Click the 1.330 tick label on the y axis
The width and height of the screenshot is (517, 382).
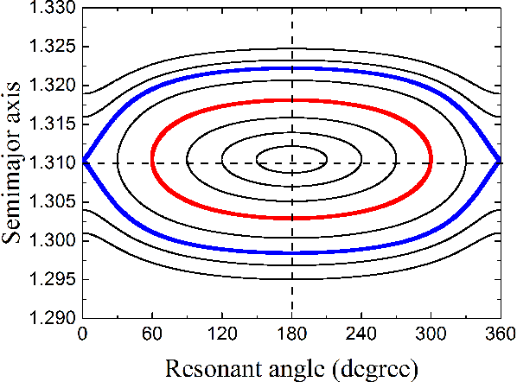coord(54,9)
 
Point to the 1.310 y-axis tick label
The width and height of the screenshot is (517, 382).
coord(54,162)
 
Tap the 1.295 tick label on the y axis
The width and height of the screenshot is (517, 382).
coord(54,279)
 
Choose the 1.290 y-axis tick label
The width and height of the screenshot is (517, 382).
coord(54,318)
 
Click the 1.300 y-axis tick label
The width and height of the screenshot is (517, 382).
coord(54,239)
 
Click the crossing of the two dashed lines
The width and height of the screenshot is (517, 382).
coord(291,162)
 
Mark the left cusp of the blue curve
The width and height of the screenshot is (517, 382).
coord(83,162)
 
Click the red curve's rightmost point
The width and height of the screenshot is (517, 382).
coord(431,162)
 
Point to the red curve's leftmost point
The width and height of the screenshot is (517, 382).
coord(152,162)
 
